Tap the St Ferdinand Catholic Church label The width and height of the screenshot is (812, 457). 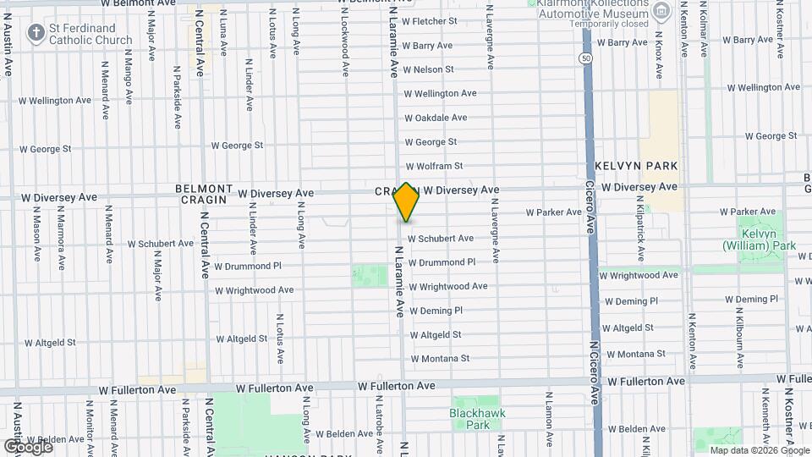click(x=91, y=34)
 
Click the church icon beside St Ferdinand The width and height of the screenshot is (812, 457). click(x=36, y=34)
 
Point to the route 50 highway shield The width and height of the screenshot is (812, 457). click(x=585, y=58)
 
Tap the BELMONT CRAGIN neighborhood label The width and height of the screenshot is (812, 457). click(x=204, y=194)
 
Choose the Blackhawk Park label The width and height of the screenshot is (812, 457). click(x=471, y=419)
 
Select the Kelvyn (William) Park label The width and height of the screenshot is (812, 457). click(x=760, y=240)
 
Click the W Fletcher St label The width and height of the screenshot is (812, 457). click(x=429, y=21)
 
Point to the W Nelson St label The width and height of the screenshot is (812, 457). click(x=428, y=69)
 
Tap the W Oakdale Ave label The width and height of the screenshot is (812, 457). click(x=436, y=118)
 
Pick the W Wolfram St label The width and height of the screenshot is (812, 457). click(x=434, y=167)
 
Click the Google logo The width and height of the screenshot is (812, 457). click(x=28, y=446)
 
